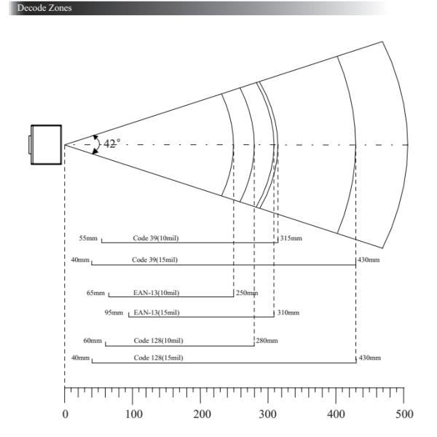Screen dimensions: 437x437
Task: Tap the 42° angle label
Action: coord(111,143)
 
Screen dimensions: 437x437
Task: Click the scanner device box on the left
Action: coord(45,144)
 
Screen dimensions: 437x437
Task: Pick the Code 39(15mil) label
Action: coord(154,260)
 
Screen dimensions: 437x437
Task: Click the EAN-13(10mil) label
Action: coord(156,293)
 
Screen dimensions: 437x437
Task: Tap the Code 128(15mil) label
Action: coord(158,358)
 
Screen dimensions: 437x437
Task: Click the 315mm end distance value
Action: coord(291,238)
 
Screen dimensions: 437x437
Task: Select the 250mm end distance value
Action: coord(246,293)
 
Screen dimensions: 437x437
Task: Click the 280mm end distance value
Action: coord(267,340)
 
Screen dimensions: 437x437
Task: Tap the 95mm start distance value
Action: coord(114,312)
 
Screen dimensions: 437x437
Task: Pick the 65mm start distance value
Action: coord(96,293)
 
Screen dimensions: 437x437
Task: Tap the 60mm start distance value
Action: coord(92,340)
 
